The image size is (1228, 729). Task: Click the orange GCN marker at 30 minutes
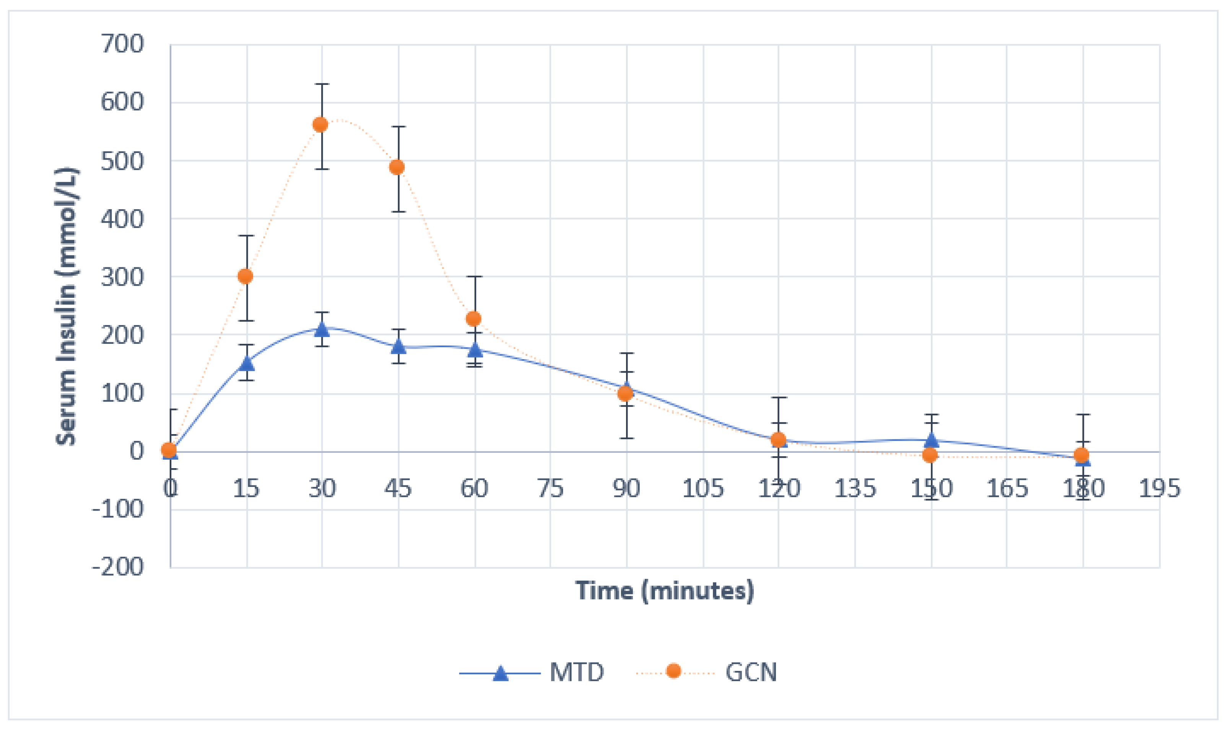[320, 125]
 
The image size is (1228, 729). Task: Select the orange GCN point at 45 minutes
[397, 168]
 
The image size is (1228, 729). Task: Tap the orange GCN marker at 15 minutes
[245, 277]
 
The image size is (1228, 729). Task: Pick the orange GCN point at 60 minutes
[473, 319]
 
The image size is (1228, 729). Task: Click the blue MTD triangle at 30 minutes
[322, 329]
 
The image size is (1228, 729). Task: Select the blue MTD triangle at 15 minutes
[247, 363]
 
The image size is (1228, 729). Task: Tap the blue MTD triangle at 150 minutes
[931, 440]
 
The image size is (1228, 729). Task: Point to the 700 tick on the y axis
[122, 44]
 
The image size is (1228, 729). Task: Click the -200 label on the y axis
[118, 567]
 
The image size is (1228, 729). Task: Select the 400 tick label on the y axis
[122, 219]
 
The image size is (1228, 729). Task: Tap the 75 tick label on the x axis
[550, 489]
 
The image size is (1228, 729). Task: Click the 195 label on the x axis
[1159, 489]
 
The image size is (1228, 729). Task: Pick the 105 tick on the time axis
[703, 489]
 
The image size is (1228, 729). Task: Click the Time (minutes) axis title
[665, 591]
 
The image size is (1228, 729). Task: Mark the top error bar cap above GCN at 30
[322, 85]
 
